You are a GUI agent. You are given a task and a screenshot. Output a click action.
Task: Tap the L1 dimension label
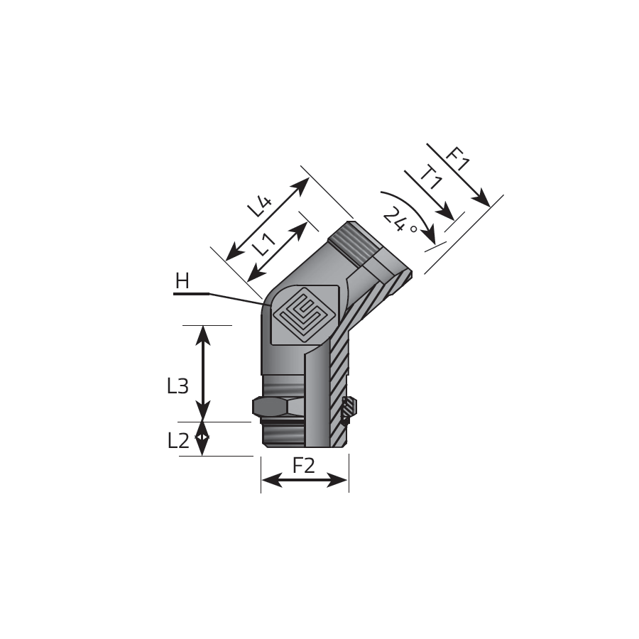tap(263, 244)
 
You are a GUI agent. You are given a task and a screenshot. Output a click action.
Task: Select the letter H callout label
tap(182, 281)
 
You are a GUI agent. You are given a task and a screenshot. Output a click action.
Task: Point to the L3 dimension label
tap(177, 386)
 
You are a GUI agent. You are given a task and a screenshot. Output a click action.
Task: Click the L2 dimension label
tap(178, 440)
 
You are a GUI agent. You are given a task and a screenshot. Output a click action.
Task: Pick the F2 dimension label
tap(304, 465)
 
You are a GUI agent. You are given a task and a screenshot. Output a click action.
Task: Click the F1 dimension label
tap(457, 159)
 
